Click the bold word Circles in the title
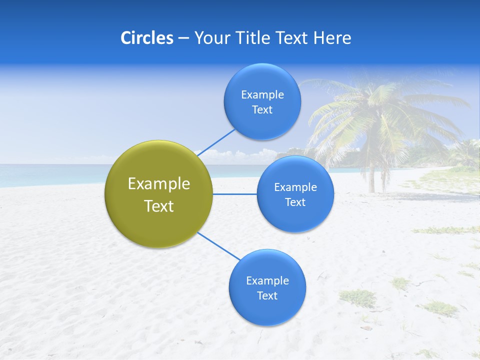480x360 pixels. [x=146, y=38]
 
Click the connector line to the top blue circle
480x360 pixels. [x=216, y=142]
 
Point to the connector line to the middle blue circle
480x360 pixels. [x=235, y=194]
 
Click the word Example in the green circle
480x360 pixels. [x=159, y=184]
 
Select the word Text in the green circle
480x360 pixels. [x=159, y=206]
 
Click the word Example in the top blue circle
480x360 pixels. [x=262, y=95]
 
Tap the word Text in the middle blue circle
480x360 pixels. [x=295, y=202]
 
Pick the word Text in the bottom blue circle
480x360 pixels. [x=267, y=296]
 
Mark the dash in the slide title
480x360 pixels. [x=183, y=38]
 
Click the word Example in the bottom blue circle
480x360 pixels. [x=267, y=281]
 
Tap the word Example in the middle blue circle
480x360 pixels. [x=295, y=187]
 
